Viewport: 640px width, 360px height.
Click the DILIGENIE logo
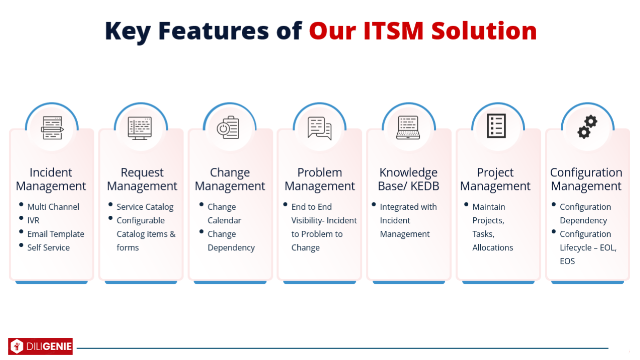40,346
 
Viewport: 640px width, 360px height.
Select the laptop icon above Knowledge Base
408,127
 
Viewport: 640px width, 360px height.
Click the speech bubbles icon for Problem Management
319,128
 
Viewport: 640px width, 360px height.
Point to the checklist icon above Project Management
496,126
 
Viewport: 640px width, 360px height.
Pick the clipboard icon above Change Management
228,128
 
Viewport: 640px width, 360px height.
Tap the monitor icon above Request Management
139,128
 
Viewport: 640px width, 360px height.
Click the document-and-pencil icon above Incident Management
52,128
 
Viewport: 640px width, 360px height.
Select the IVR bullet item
33,220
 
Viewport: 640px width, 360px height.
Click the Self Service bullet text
48,247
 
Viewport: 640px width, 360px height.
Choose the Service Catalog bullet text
145,207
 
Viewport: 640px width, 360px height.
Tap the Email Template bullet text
56,234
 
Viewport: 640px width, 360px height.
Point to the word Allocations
493,247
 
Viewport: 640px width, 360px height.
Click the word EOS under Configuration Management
567,261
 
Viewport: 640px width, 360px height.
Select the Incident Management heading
51,179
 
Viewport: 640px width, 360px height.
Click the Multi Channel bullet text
53,207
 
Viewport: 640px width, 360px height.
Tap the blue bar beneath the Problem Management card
319,282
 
